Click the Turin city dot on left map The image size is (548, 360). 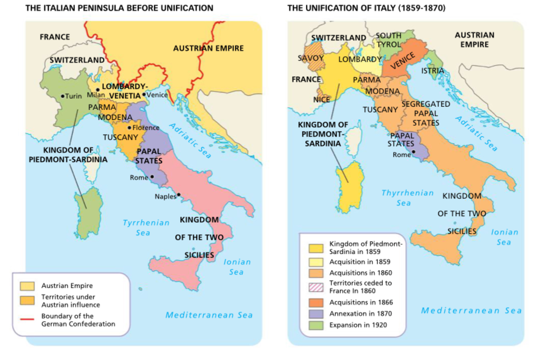63,96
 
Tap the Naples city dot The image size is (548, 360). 179,195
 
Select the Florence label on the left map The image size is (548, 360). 146,128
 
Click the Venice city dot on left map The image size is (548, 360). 144,94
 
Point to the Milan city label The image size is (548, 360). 96,95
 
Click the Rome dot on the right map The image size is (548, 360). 414,152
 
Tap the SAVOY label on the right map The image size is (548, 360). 310,58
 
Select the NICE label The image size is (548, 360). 321,100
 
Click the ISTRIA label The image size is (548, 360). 433,71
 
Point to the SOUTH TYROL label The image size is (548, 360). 389,40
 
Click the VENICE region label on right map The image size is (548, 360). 403,61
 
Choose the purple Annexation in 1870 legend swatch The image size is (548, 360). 316,314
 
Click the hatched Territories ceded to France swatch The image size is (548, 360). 316,287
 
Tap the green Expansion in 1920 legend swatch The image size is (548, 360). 316,325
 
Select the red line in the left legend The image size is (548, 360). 27,319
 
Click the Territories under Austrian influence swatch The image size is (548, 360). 27,301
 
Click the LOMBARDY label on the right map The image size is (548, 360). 360,59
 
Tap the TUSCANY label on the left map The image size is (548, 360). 120,137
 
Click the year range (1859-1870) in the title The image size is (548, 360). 422,8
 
